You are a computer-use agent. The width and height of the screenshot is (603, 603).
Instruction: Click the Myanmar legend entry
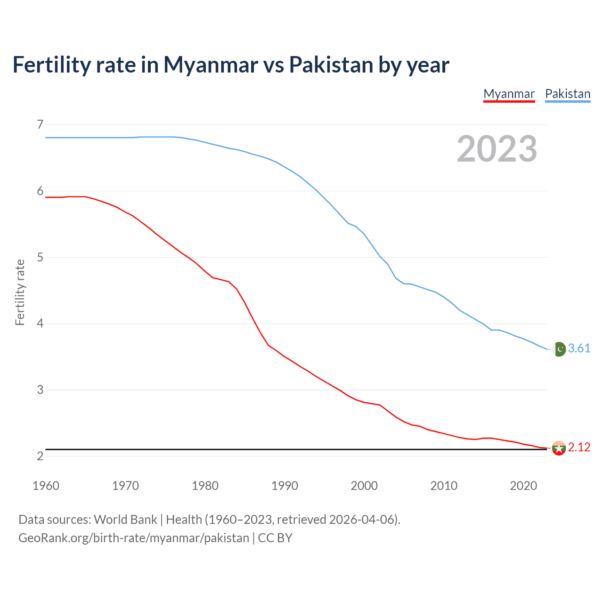[509, 94]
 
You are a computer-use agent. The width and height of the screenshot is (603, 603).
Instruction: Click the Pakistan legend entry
[567, 94]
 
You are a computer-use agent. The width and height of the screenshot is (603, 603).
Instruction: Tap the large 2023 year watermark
[497, 149]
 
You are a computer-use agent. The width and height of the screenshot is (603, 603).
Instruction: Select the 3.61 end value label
[579, 348]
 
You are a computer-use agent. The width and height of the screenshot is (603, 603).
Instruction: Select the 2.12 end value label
[579, 447]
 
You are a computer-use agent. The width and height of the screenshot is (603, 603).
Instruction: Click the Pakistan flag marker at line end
[559, 349]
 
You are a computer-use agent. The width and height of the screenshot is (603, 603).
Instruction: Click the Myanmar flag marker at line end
[559, 448]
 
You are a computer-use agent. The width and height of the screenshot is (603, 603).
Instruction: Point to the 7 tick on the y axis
[40, 124]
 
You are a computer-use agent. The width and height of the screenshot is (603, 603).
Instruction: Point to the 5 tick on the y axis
[40, 257]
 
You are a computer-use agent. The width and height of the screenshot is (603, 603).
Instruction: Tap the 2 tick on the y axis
[40, 456]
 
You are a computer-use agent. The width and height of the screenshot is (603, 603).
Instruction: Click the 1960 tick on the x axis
[46, 486]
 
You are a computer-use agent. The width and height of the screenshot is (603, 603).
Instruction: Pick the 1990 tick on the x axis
[285, 486]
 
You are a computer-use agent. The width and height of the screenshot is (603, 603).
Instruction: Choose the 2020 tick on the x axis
[523, 486]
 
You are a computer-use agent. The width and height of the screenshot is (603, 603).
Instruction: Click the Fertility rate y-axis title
[20, 292]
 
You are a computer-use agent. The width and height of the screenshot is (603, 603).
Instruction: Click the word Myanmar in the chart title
[211, 65]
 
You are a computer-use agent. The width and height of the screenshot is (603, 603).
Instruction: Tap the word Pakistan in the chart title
[331, 65]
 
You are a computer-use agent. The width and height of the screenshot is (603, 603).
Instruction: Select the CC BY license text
[275, 538]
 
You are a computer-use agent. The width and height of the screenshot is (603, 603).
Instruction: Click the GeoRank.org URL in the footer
[133, 538]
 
